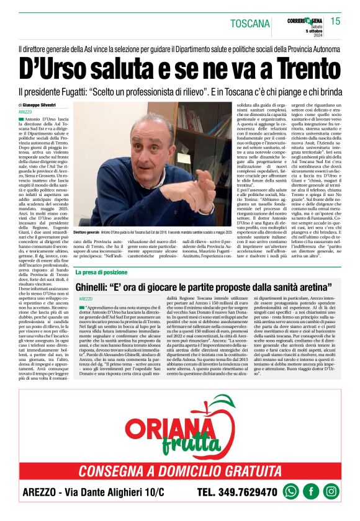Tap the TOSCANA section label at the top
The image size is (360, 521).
coord(250,24)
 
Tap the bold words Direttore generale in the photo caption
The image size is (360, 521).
coord(86,231)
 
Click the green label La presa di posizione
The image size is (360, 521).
coord(102,272)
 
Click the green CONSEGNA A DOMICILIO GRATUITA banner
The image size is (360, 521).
coord(180,470)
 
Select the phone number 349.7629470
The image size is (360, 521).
coord(245,492)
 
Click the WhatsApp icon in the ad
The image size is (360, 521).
coord(290,491)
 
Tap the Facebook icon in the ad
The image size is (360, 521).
coord(310,491)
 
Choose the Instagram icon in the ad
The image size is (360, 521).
coord(331,491)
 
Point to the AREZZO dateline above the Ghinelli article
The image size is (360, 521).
coord(86,299)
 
